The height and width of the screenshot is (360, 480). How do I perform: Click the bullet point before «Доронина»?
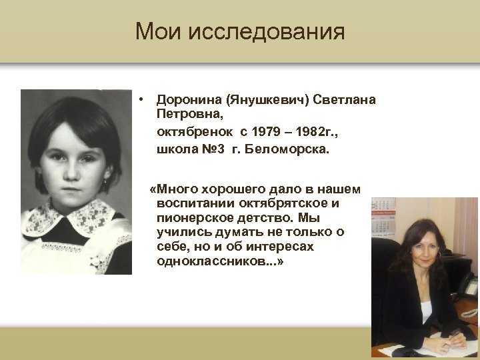click(142, 100)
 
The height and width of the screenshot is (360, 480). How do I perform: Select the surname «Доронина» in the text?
click(189, 100)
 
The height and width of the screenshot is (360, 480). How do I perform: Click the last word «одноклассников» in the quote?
click(215, 261)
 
